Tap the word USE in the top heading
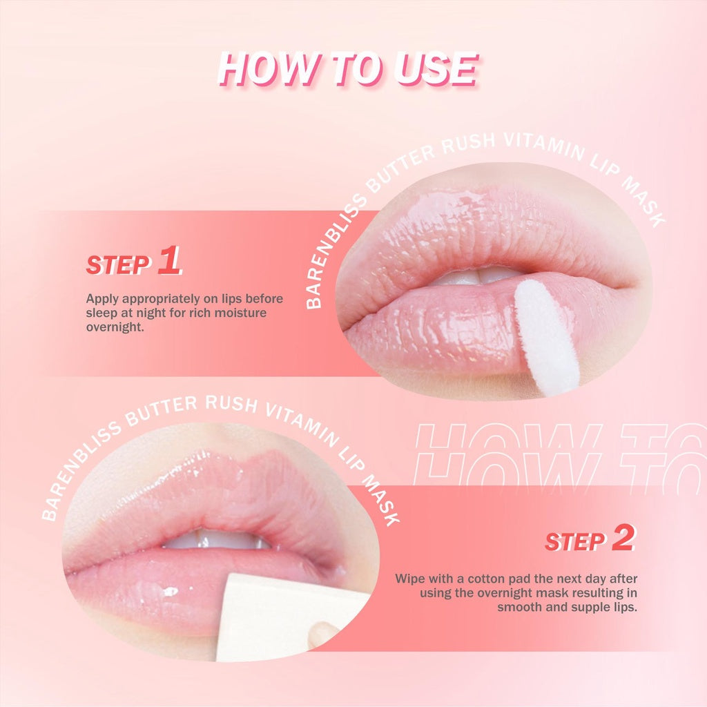436,69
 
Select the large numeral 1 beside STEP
170,260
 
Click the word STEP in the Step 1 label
118,264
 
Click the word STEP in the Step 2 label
575,541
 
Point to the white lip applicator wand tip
546,337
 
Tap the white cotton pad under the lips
289,619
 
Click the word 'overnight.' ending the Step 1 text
115,327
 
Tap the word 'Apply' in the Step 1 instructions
102,300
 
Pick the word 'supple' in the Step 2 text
591,608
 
